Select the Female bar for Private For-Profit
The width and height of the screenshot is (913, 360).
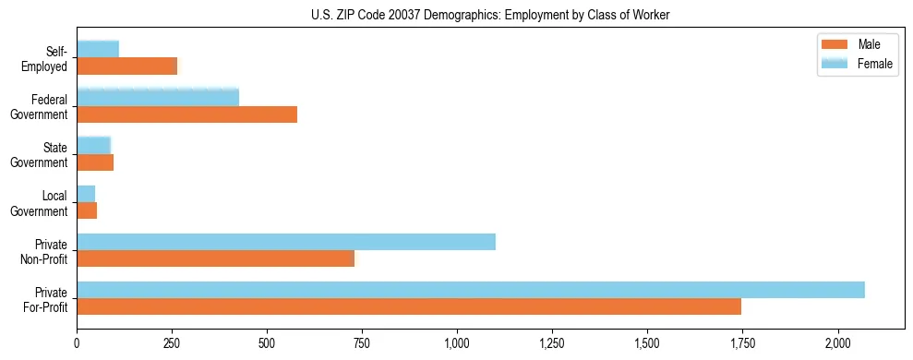471,290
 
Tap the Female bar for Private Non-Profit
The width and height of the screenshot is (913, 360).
286,242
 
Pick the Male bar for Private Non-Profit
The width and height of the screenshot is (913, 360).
215,258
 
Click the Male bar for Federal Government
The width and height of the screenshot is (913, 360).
186,114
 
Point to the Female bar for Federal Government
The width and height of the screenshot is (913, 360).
158,98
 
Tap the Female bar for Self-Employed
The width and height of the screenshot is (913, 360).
98,50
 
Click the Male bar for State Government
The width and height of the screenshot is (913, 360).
95,162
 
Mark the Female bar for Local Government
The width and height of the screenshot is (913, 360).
86,194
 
